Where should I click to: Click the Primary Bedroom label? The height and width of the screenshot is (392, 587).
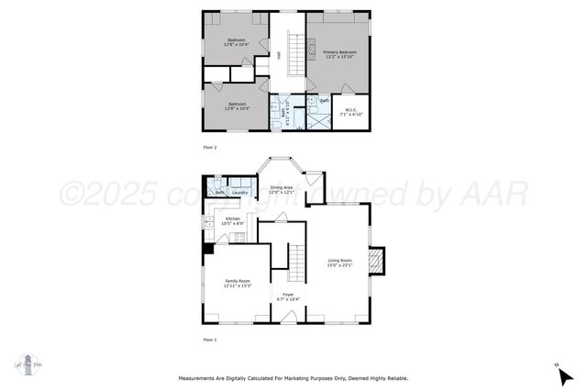tap(338, 53)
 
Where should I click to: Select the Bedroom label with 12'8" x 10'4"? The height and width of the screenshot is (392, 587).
tap(236, 40)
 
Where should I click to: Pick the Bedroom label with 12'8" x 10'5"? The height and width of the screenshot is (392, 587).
tap(236, 105)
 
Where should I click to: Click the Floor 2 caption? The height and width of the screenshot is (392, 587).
tap(211, 147)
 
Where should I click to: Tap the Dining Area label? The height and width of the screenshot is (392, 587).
tap(281, 188)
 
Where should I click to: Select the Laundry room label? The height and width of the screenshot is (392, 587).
tap(239, 193)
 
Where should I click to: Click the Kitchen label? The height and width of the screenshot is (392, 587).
tap(232, 219)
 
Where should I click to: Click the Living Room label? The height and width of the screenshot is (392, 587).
tap(339, 262)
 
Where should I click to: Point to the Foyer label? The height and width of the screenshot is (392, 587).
tap(288, 296)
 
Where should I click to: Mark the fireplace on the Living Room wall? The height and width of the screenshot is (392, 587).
tap(376, 262)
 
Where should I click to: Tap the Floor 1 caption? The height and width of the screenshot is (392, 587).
tap(211, 340)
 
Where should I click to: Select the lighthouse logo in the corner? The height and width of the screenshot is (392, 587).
tap(28, 363)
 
